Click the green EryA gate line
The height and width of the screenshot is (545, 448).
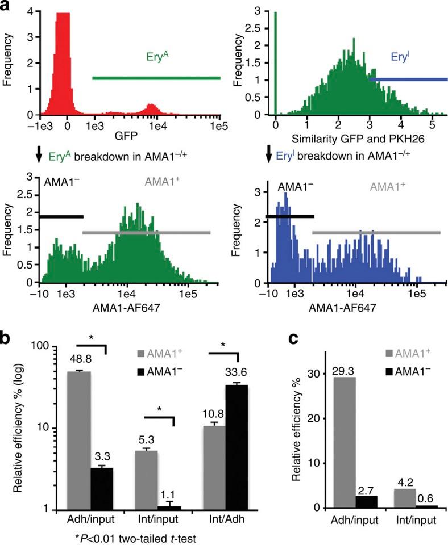pyautogui.click(x=156, y=78)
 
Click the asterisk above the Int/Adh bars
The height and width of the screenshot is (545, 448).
pyautogui.click(x=222, y=343)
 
